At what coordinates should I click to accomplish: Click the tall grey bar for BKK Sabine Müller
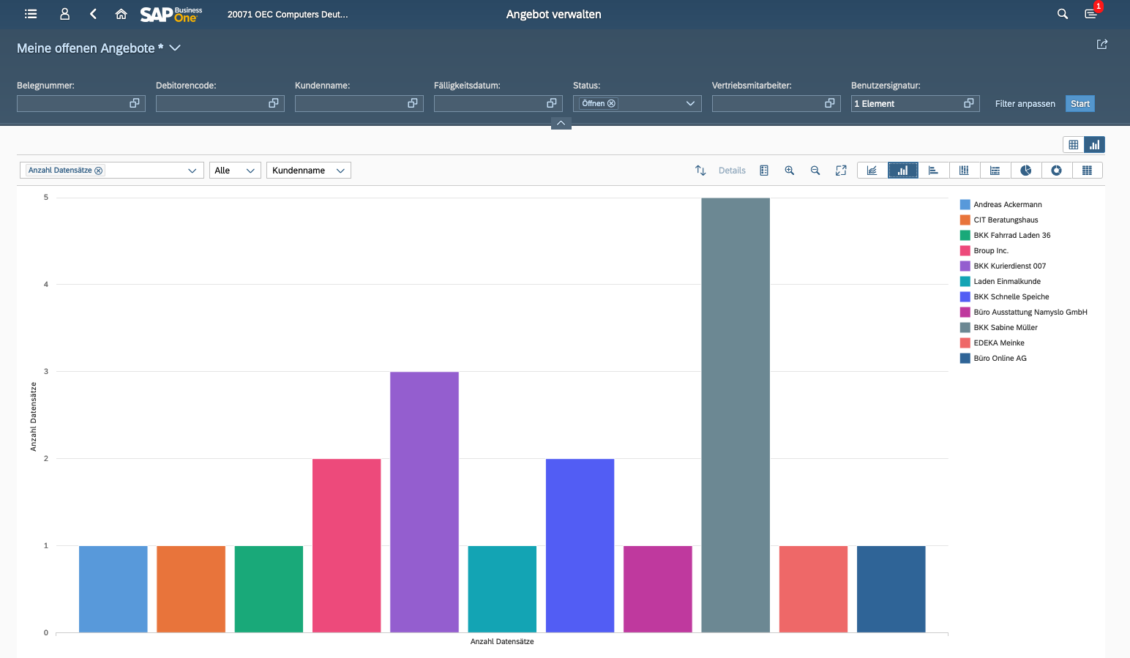tap(736, 415)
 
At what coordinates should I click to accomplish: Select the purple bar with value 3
tap(424, 502)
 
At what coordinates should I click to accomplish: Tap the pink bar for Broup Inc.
tap(346, 545)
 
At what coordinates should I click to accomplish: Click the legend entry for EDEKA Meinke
tap(998, 343)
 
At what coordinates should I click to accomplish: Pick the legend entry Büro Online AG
tap(1000, 359)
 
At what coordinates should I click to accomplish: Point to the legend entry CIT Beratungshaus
tap(1006, 220)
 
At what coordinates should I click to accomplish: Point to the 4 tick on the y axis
tap(46, 285)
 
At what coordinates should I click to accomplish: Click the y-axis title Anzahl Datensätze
tap(34, 416)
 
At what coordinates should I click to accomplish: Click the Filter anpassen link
tap(1025, 104)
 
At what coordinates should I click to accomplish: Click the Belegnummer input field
tap(73, 104)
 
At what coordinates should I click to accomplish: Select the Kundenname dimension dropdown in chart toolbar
tap(308, 171)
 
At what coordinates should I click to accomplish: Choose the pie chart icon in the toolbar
tap(1026, 171)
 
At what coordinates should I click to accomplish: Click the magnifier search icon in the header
tap(1063, 14)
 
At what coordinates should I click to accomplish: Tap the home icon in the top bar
tap(121, 14)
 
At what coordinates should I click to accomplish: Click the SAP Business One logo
tap(171, 14)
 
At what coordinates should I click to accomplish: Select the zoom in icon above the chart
tap(790, 171)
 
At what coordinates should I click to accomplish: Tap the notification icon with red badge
tap(1090, 14)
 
